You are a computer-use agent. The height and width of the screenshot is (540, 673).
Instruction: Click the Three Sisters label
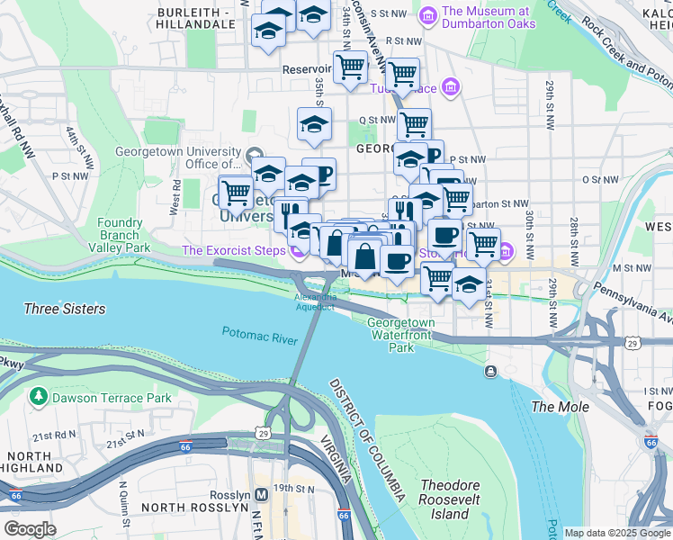(64, 309)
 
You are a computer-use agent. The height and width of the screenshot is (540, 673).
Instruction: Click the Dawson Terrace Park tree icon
(38, 397)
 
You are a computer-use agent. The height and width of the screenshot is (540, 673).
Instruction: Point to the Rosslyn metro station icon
(262, 495)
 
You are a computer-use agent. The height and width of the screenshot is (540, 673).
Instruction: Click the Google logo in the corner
(30, 529)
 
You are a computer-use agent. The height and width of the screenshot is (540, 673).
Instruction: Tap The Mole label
(561, 407)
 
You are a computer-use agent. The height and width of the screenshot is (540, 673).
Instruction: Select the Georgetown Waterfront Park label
(400, 334)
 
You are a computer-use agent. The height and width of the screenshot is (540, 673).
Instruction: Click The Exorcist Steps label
(233, 249)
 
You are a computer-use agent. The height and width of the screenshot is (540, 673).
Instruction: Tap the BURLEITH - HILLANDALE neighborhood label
(201, 20)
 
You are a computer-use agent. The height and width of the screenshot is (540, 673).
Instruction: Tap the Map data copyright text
(617, 533)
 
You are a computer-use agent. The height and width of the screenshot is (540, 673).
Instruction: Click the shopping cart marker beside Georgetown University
(236, 191)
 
